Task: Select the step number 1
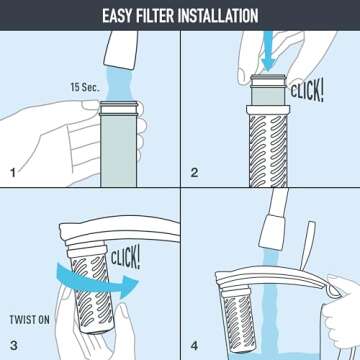(x=13, y=173)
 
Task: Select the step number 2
(x=195, y=173)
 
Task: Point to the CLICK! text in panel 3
(x=121, y=254)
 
